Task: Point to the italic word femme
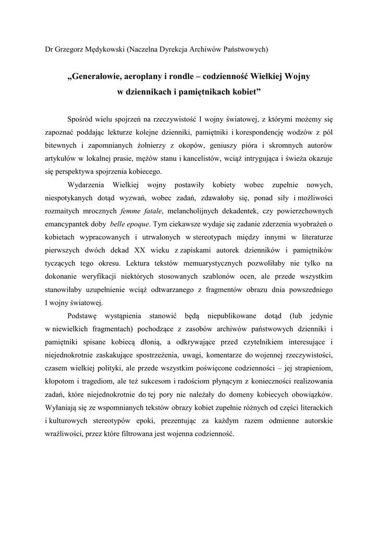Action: point(130,211)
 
